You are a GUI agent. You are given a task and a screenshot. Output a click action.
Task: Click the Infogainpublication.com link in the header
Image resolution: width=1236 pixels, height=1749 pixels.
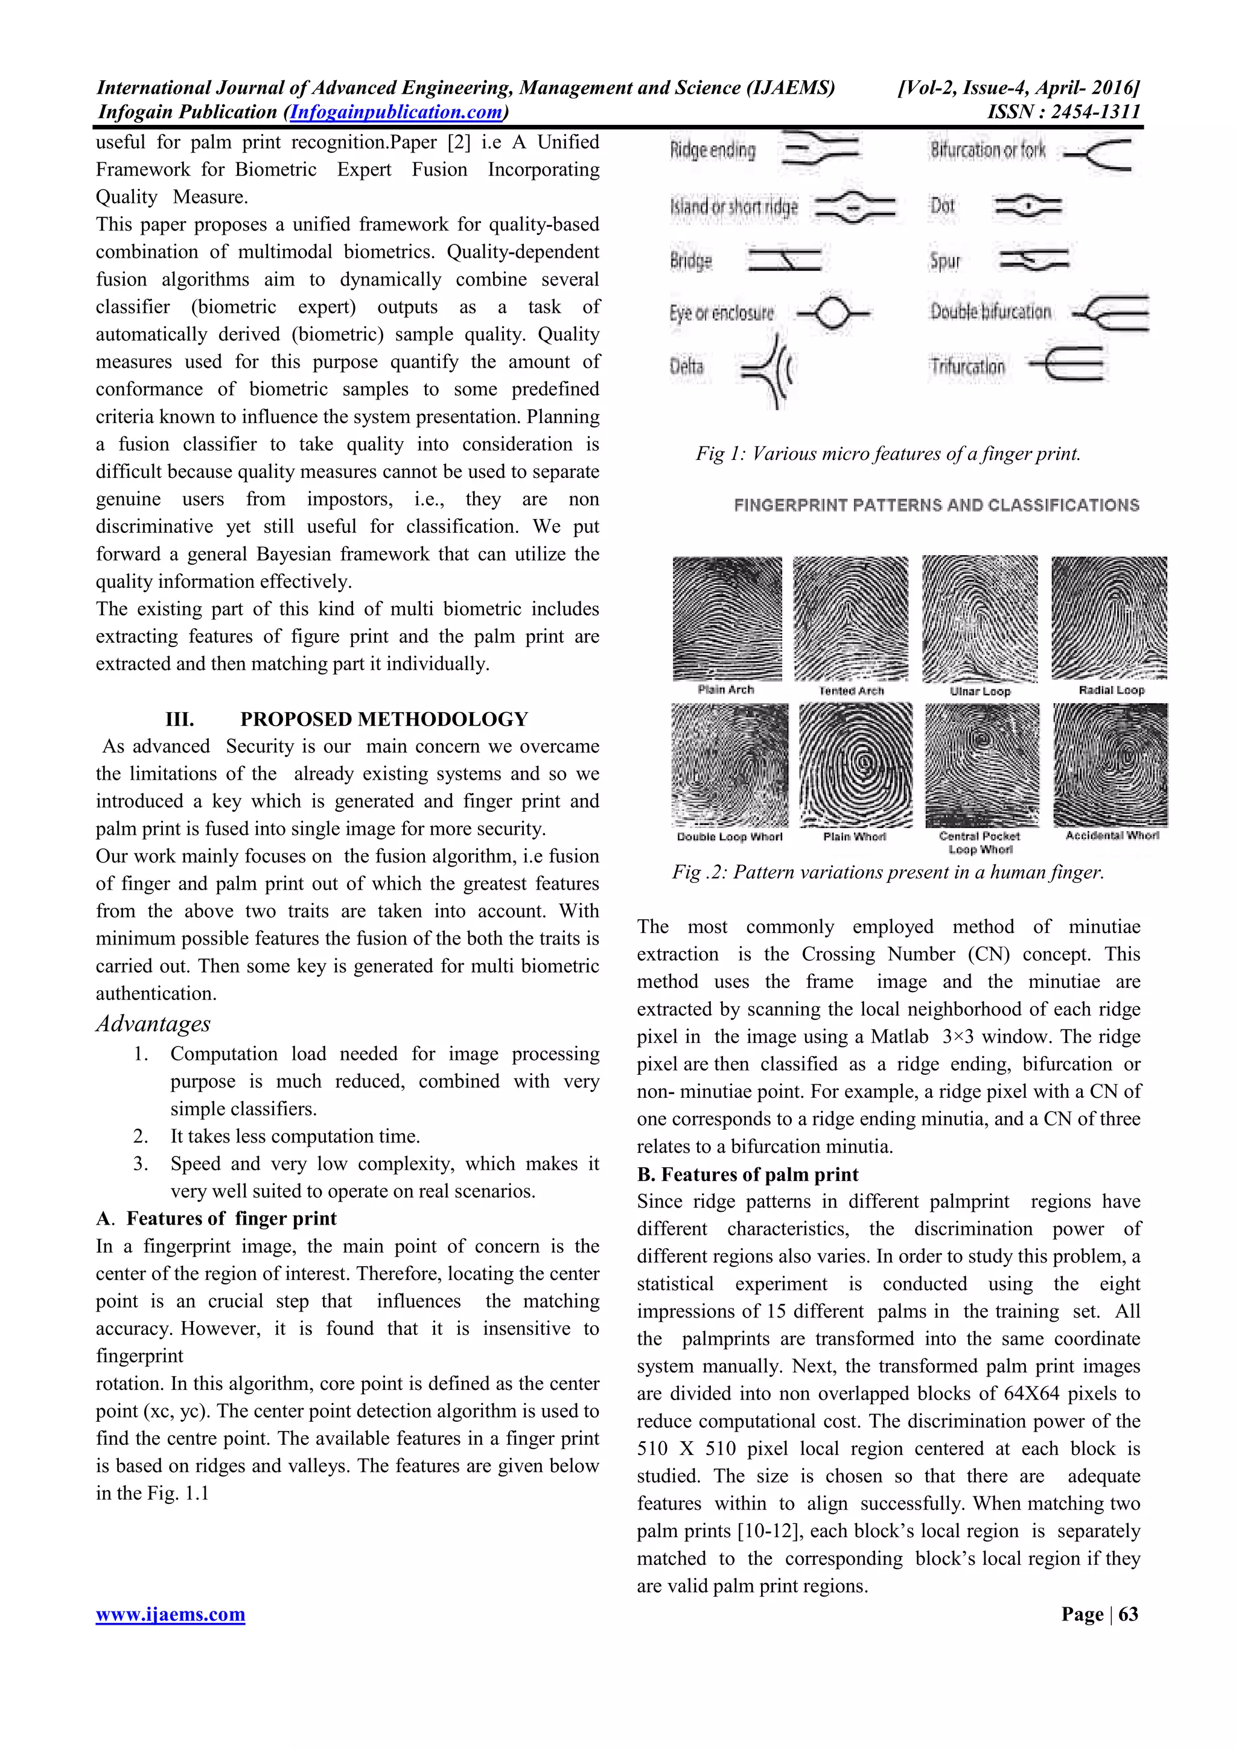(396, 112)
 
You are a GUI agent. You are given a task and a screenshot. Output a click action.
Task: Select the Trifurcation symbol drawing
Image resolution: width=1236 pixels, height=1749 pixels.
(1065, 364)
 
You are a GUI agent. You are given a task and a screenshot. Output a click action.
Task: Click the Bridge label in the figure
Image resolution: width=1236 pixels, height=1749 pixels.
(691, 261)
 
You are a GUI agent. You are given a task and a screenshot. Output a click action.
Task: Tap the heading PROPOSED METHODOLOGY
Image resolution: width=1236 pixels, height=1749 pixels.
(384, 719)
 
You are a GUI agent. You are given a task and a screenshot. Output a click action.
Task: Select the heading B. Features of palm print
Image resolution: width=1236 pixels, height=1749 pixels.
(747, 1174)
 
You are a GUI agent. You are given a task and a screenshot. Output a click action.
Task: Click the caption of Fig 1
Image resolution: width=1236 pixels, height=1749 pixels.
(888, 454)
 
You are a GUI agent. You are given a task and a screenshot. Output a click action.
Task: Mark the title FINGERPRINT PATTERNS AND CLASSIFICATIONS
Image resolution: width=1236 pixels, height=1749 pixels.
(936, 505)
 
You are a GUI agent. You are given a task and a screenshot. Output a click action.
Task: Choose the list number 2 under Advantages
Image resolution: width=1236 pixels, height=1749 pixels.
(140, 1136)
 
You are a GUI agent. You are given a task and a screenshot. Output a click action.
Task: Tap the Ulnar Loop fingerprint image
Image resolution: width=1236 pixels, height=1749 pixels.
(980, 619)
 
